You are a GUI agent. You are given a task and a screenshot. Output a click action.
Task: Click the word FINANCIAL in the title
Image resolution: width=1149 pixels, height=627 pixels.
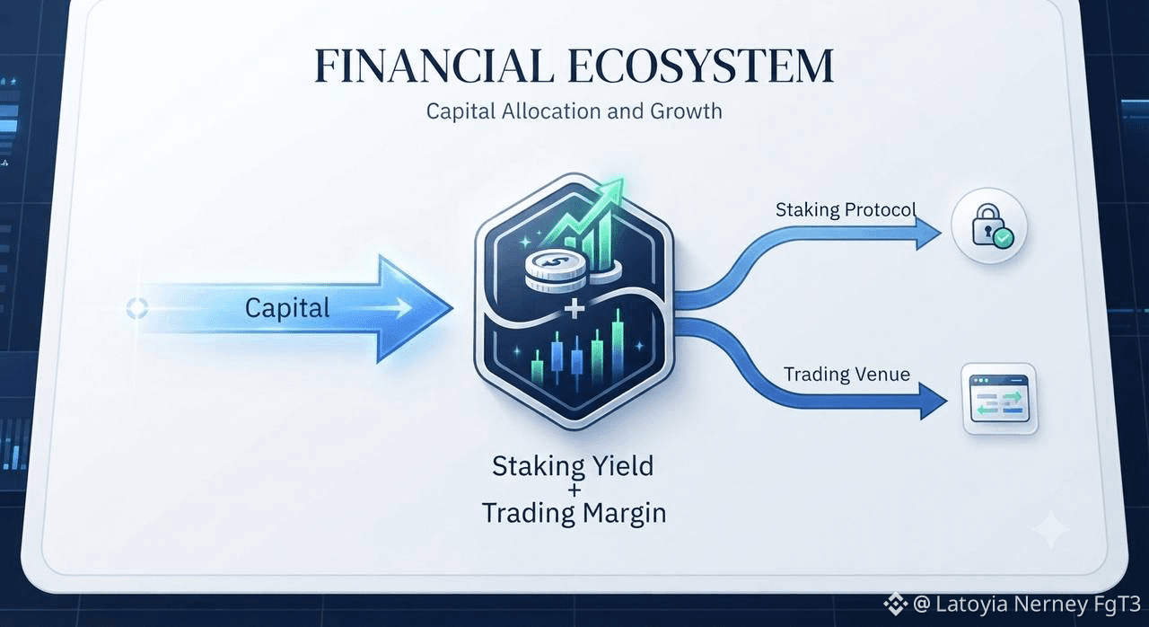[x=434, y=66]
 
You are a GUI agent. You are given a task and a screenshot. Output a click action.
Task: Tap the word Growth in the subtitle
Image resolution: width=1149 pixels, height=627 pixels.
[x=686, y=110]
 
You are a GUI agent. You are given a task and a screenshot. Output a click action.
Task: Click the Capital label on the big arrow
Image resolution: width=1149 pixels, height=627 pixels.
[x=287, y=308]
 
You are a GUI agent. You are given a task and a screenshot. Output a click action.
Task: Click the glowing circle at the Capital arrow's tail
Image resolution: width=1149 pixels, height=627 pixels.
[x=137, y=308]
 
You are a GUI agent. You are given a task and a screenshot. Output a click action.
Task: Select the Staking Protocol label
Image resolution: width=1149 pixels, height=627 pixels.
[x=846, y=209]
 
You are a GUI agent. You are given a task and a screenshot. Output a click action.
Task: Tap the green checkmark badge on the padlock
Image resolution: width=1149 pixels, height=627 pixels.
[x=1003, y=237]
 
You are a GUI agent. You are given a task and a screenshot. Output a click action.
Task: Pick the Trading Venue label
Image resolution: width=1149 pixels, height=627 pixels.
[x=846, y=374]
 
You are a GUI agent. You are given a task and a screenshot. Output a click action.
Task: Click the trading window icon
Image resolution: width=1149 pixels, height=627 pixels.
[x=999, y=399]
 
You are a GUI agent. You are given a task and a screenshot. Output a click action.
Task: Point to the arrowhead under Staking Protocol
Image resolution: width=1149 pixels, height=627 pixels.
[x=928, y=234]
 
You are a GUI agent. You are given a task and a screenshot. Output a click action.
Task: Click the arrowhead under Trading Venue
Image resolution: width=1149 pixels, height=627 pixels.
[x=933, y=402]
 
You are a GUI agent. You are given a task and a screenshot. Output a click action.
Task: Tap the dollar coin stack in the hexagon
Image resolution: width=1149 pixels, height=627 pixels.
[x=556, y=269]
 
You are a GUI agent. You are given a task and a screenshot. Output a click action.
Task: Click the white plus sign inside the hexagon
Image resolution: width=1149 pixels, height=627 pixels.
[x=574, y=309]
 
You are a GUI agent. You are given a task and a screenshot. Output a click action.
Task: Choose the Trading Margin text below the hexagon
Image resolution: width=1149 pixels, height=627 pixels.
[x=574, y=513]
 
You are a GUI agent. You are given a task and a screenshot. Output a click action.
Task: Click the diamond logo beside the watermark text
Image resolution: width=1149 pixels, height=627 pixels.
[x=896, y=605]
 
